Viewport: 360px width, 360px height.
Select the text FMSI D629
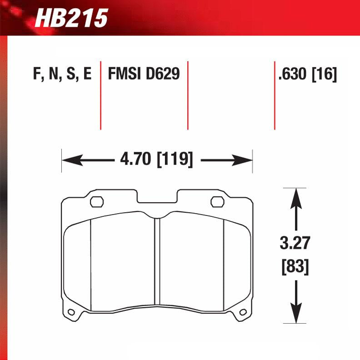144,74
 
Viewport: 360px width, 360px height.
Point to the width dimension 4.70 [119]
156,160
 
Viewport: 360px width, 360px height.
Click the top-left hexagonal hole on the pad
96,201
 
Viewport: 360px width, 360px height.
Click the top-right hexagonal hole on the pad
216,201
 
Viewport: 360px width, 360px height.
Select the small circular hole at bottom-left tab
71,312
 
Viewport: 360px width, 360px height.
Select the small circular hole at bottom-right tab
243,312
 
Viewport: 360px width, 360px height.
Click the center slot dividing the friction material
157,261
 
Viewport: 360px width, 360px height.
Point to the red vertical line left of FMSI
100,95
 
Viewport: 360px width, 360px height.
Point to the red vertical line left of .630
275,95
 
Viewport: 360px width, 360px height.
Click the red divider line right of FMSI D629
188,95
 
